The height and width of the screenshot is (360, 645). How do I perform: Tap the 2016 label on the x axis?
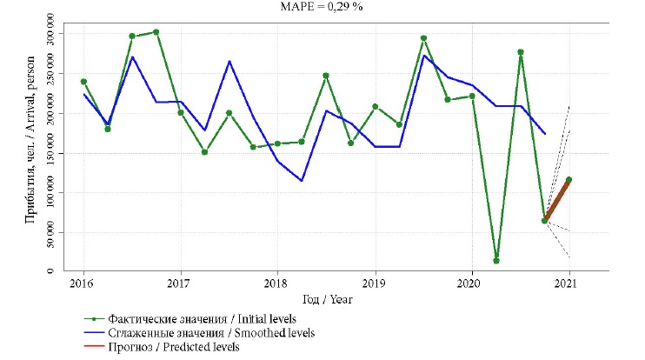point(83,283)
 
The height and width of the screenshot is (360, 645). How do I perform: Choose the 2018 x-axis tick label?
point(276,283)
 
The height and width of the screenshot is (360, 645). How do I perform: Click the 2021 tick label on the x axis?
point(569,283)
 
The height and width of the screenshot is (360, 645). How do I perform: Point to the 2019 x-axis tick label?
point(374,283)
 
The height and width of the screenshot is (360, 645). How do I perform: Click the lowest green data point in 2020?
point(496,261)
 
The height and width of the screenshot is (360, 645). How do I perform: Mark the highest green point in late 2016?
point(156,32)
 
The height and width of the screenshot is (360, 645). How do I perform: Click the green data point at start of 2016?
point(83,82)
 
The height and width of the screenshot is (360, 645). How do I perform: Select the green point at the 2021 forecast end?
point(569,180)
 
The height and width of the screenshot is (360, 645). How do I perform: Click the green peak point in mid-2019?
point(423,38)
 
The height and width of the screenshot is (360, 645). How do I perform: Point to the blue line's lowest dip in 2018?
point(301,181)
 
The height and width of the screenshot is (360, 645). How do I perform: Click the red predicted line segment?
point(556,201)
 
